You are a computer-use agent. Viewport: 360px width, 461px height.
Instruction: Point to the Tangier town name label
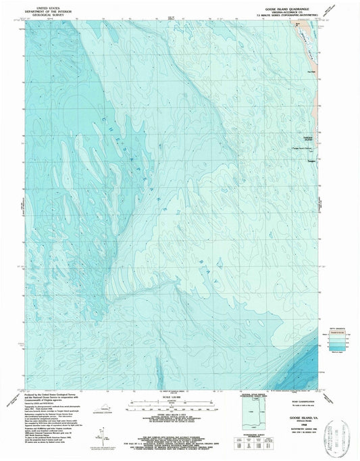[x=312, y=160]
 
